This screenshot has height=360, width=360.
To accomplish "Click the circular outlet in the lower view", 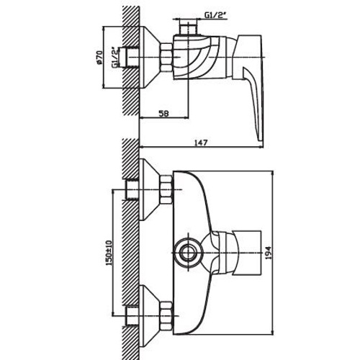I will (x=191, y=253).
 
